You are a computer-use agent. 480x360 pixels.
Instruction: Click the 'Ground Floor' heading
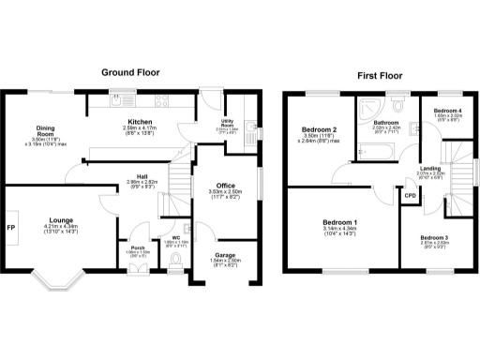pos(130,72)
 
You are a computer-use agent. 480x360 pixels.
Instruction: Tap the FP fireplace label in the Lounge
pos(11,228)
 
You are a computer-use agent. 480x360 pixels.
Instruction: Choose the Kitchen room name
pos(141,122)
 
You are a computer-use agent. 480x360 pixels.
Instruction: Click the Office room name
pos(225,186)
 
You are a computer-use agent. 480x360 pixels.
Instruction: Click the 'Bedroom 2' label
pos(319,129)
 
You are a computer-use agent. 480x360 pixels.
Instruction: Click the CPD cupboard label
pos(410,195)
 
